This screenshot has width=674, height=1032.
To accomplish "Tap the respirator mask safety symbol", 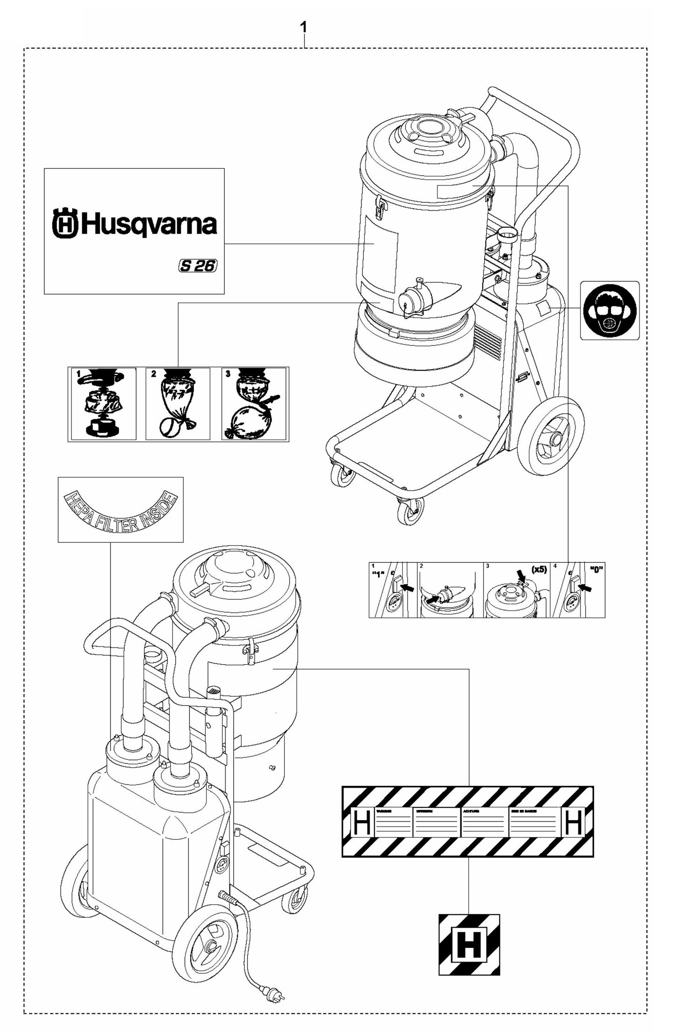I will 610,310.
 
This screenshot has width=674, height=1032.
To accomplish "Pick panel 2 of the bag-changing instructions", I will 178,404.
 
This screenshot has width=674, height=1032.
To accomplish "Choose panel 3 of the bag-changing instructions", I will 255,404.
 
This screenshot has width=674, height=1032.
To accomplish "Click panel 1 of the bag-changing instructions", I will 102,404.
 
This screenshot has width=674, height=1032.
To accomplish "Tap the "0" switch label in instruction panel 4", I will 596,570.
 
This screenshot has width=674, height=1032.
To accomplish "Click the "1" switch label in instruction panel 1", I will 378,574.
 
